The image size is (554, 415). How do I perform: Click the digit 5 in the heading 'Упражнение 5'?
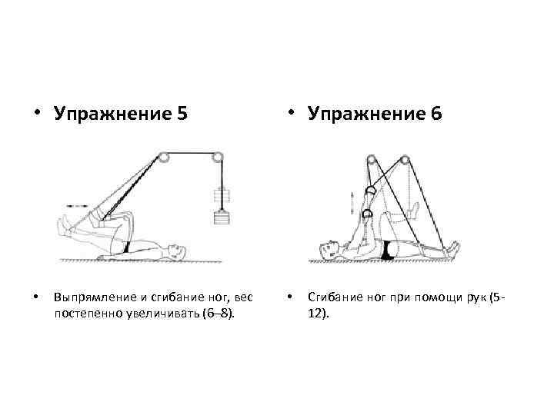point(181,115)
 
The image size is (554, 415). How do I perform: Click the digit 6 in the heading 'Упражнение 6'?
point(436,115)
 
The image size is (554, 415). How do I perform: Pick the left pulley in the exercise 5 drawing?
point(164,158)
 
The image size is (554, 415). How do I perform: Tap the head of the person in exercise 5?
point(177,251)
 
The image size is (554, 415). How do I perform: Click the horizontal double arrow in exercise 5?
point(77,206)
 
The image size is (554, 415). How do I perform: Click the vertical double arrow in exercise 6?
point(353,204)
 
